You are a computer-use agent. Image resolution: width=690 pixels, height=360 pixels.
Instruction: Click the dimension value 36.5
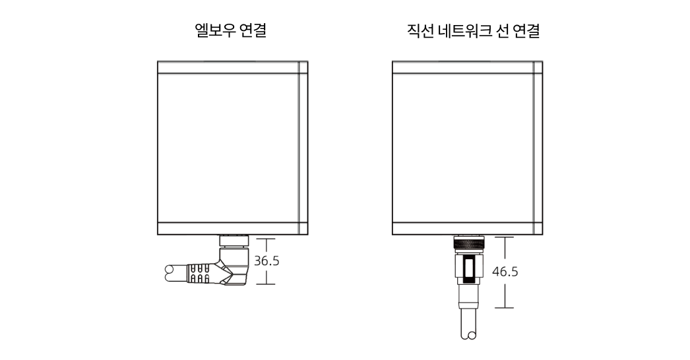tap(267, 261)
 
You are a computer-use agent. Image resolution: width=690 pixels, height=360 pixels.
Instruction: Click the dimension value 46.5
tap(505, 272)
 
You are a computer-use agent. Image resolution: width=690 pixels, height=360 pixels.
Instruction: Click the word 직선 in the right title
tap(421, 30)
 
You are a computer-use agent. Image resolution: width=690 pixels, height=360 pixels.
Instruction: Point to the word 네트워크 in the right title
tap(465, 30)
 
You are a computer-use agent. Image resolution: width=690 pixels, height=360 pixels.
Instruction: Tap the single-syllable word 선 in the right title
tap(502, 30)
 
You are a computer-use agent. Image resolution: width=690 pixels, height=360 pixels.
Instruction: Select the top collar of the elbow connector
tap(234, 240)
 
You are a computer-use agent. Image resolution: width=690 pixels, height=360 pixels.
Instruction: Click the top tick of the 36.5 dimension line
tap(266, 239)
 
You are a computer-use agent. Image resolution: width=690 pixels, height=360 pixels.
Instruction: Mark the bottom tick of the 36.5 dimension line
tap(266, 284)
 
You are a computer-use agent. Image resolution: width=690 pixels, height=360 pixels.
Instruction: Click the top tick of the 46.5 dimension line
tap(505, 237)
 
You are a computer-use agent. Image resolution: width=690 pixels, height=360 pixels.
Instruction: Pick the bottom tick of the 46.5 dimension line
tap(505, 308)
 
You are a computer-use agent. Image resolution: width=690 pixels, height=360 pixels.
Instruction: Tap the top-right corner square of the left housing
tap(303, 67)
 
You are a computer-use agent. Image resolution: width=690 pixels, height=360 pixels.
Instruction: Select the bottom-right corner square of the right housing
tap(538, 228)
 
